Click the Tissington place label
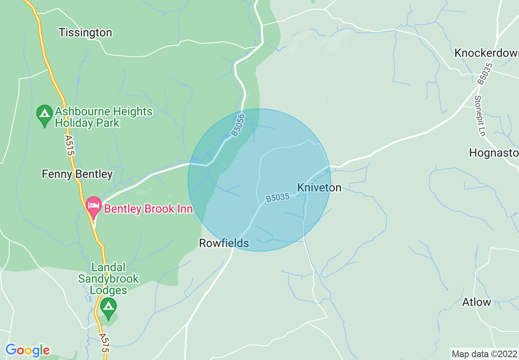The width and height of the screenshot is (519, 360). click(85, 33)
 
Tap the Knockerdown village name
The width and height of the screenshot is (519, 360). click(486, 53)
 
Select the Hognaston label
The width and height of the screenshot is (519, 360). click(494, 153)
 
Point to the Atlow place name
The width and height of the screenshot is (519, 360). click(476, 302)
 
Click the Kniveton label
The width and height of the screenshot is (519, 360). click(319, 188)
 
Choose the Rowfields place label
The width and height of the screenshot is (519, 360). click(224, 243)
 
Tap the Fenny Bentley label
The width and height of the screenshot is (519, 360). click(77, 175)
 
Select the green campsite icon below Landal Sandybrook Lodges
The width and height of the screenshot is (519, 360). click(108, 308)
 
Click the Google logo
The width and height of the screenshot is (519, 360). click(27, 350)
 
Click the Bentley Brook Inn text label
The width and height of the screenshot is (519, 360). click(148, 209)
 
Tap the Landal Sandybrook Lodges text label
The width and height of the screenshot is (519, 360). click(108, 279)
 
